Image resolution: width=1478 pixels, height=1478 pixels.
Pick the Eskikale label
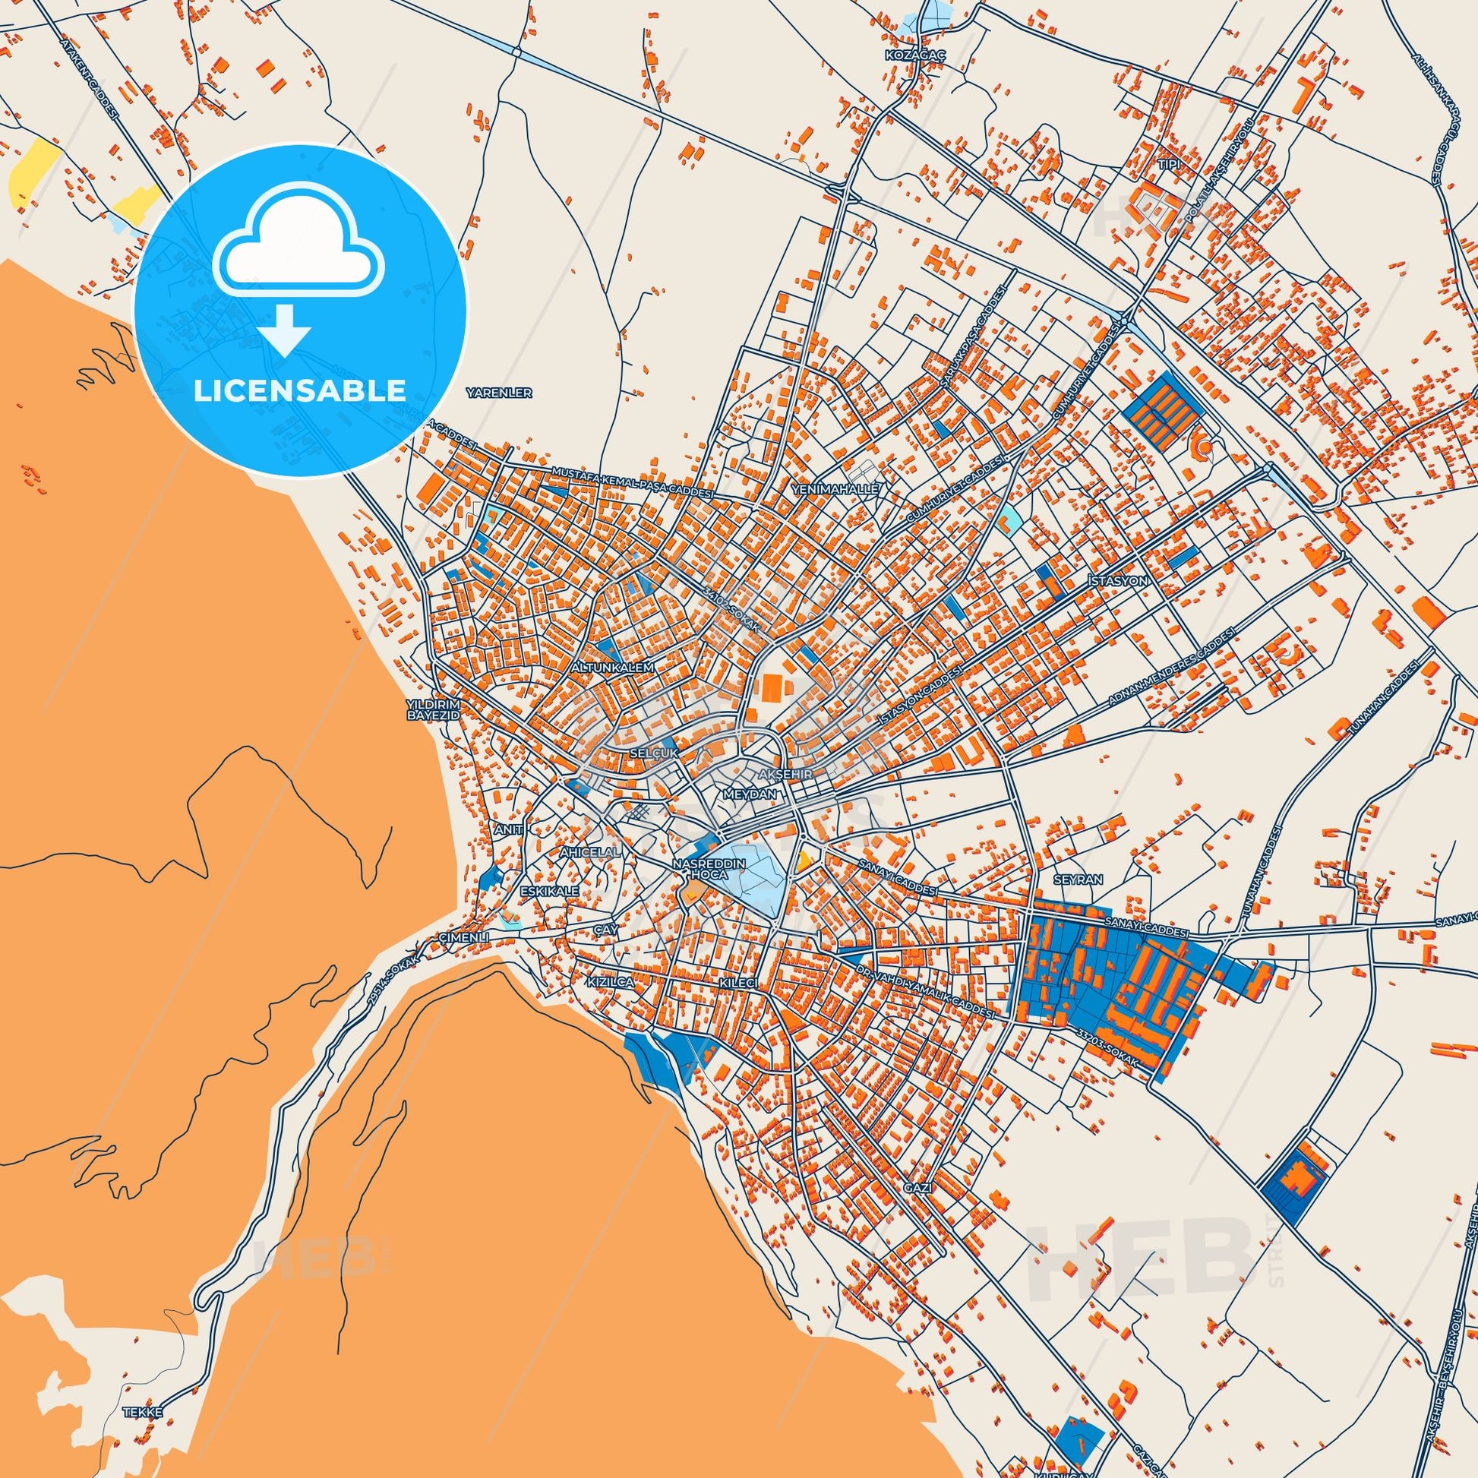tap(547, 891)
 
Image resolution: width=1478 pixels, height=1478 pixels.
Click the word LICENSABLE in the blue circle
tap(300, 390)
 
